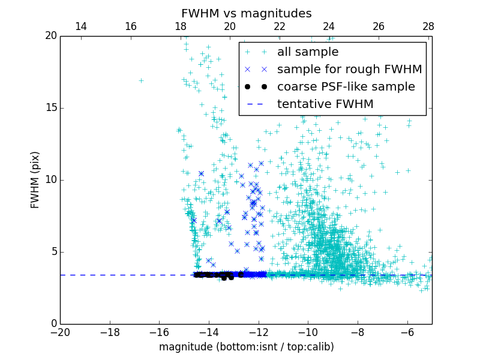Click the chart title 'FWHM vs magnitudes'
coord(246,13)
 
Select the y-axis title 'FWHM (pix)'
coord(35,179)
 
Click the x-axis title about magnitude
coord(246,347)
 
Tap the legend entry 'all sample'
coord(307,52)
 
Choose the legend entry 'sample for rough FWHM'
coord(349,69)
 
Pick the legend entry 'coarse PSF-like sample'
coord(346,86)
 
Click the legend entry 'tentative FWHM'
coord(325,104)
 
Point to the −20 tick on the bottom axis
coord(60,332)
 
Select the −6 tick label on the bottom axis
coord(407,332)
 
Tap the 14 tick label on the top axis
coord(80,26)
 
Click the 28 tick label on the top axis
coord(428,26)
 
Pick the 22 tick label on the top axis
coord(279,26)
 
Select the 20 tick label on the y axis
coord(49,36)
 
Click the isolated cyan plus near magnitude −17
coord(141,80)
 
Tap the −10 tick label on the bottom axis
coord(308,332)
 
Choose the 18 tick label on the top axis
coord(180,26)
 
